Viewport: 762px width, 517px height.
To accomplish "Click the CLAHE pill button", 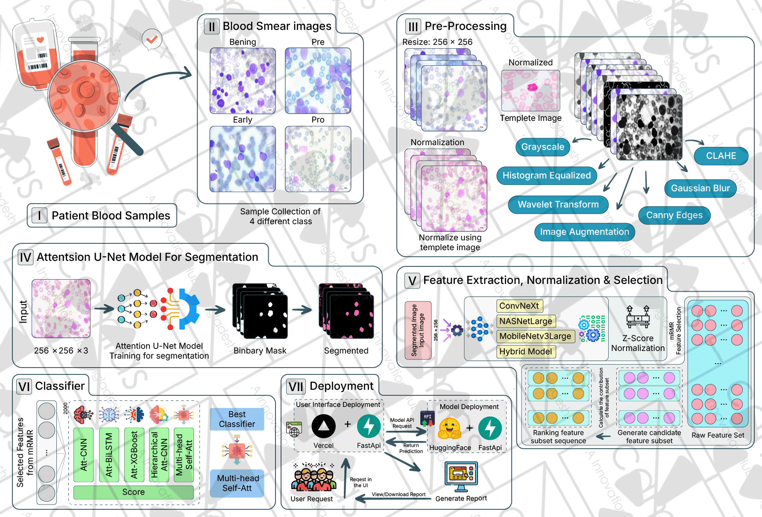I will [721, 156].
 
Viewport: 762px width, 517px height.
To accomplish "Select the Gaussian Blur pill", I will [700, 188].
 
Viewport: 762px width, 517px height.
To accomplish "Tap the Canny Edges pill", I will [674, 215].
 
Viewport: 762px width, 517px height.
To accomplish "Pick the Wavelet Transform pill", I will [558, 204].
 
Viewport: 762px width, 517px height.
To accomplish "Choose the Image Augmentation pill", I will [584, 232].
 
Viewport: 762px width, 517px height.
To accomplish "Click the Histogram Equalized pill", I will [546, 175].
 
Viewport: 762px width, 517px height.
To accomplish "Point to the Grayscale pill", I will [542, 147].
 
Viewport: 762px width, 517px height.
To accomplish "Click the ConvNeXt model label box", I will [519, 306].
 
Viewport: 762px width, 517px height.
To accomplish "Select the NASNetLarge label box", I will [526, 321].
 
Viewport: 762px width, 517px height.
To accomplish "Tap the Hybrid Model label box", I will [526, 351].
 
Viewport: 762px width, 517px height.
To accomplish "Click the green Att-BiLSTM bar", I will [109, 455].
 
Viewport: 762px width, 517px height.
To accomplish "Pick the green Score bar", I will [133, 492].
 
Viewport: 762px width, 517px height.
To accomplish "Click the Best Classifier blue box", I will [237, 419].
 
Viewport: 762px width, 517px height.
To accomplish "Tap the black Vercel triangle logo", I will [323, 426].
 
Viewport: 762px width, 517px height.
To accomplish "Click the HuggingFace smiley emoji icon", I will [450, 428].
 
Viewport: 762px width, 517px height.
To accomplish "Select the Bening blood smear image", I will [243, 80].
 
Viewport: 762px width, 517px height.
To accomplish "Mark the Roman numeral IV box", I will [26, 257].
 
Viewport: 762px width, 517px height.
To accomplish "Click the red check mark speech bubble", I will [152, 39].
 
